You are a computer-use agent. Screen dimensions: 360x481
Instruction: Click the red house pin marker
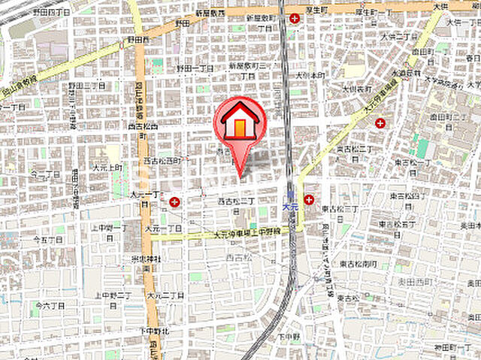[x=240, y=125]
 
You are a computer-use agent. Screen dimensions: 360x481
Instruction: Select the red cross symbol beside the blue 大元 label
[x=309, y=199]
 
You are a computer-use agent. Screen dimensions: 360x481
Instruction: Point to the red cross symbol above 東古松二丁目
[x=381, y=123]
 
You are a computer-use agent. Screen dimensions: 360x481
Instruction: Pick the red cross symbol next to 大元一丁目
[x=175, y=201]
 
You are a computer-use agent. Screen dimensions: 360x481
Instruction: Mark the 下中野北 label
[x=147, y=331]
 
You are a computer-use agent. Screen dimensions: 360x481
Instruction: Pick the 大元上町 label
[x=107, y=167]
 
